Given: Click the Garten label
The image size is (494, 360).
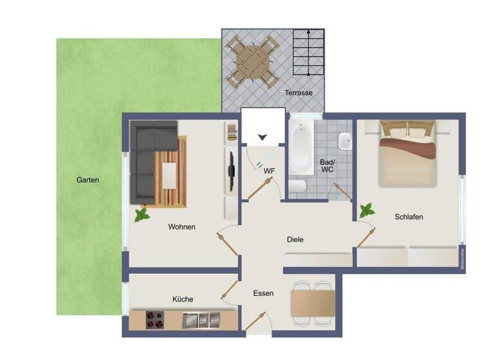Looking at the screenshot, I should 88,180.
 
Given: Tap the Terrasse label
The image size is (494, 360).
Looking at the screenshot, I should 299,93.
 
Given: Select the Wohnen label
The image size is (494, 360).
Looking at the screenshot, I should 181,227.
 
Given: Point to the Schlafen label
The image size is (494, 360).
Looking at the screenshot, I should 408,217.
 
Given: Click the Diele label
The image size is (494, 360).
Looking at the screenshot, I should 295,240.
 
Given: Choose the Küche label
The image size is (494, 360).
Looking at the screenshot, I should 183,299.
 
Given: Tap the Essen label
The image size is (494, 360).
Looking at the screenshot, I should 263,293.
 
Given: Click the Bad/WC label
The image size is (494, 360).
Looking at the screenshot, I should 327,166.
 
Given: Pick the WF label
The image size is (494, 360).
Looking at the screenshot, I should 269,171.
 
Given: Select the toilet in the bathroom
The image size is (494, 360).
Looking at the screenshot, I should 298,187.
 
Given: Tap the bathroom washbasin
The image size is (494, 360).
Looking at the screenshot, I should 345,140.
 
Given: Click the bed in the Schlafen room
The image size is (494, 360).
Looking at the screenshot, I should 407,154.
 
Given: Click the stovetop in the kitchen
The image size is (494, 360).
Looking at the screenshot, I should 154,319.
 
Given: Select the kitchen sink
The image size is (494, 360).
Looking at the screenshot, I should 197,319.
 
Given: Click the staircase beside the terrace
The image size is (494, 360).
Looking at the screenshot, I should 306,53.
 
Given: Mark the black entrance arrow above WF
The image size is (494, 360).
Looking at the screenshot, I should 262,137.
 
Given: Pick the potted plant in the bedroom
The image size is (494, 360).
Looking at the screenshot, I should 368,210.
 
